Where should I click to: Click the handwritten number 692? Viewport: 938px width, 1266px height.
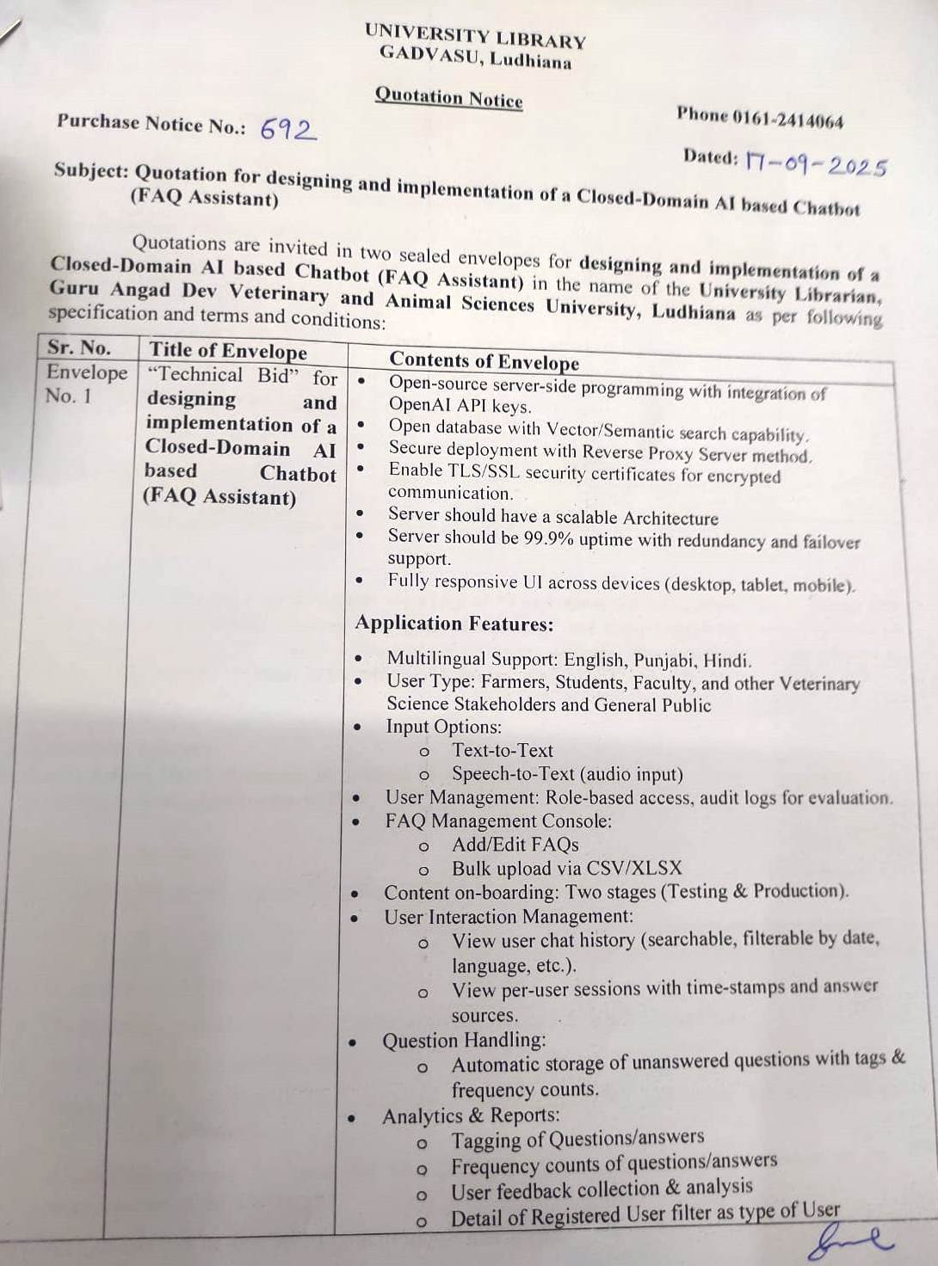[288, 129]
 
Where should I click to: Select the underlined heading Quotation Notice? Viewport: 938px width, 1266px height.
[448, 97]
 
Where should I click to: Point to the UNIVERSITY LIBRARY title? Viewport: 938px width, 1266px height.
[475, 37]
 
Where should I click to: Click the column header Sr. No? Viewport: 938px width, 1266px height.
[79, 347]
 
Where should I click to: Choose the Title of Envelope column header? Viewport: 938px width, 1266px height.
[228, 351]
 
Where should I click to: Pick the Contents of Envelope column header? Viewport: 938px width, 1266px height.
[484, 361]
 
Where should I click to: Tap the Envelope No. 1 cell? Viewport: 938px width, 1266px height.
[86, 384]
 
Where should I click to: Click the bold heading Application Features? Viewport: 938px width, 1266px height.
[454, 624]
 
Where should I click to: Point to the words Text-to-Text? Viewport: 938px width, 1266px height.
[503, 750]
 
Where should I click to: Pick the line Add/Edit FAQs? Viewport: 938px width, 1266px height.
[515, 845]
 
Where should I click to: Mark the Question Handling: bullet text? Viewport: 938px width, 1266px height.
[464, 1041]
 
